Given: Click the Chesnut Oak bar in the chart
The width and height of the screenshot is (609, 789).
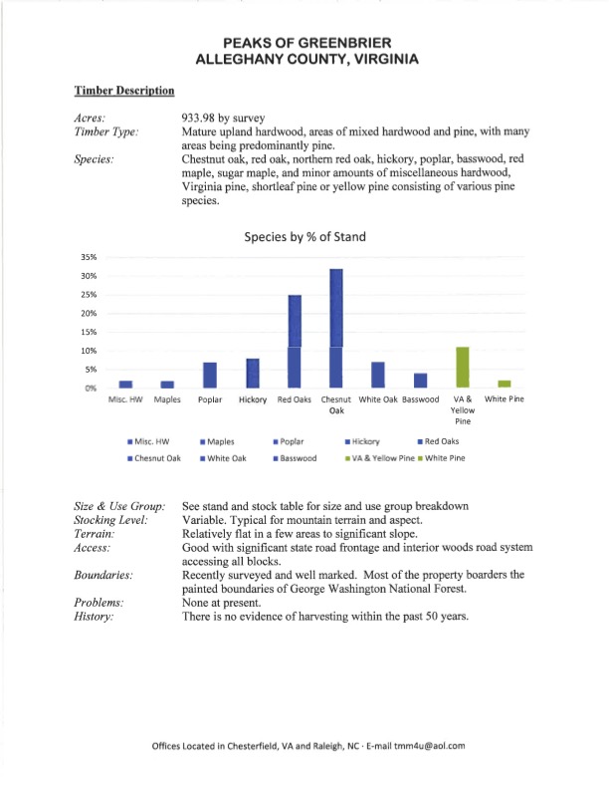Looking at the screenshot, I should (336, 328).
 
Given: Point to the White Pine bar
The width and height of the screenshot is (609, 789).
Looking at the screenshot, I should (504, 384).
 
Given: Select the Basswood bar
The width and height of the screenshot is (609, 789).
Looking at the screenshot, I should (420, 381).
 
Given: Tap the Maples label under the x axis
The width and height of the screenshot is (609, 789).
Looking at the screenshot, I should (167, 399).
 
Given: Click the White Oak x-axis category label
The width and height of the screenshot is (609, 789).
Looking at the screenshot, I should (377, 399).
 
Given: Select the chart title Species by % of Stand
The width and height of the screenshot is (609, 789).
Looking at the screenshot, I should (304, 237).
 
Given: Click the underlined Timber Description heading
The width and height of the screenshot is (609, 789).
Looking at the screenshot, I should (124, 91).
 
